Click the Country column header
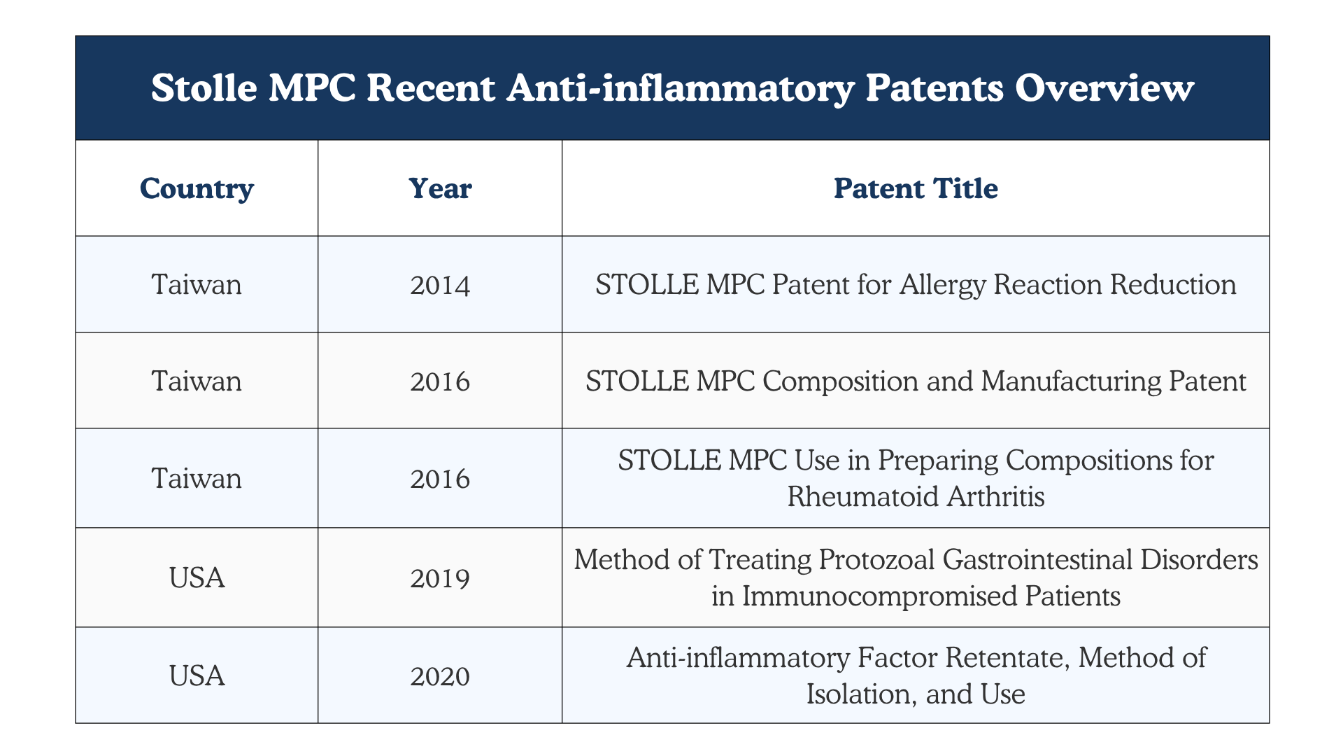(x=197, y=188)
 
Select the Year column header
(x=440, y=188)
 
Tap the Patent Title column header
(x=916, y=188)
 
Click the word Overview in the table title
(x=1105, y=89)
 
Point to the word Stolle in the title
(x=204, y=89)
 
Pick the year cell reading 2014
(x=440, y=285)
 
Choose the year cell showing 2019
(x=440, y=578)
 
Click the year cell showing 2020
(x=440, y=676)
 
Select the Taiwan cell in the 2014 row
(x=197, y=285)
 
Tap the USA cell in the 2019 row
(x=197, y=578)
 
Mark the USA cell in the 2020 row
(x=197, y=676)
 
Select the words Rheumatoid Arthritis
(x=916, y=496)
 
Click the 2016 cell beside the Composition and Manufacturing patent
(x=440, y=381)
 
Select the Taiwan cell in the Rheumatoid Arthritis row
(x=197, y=479)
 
